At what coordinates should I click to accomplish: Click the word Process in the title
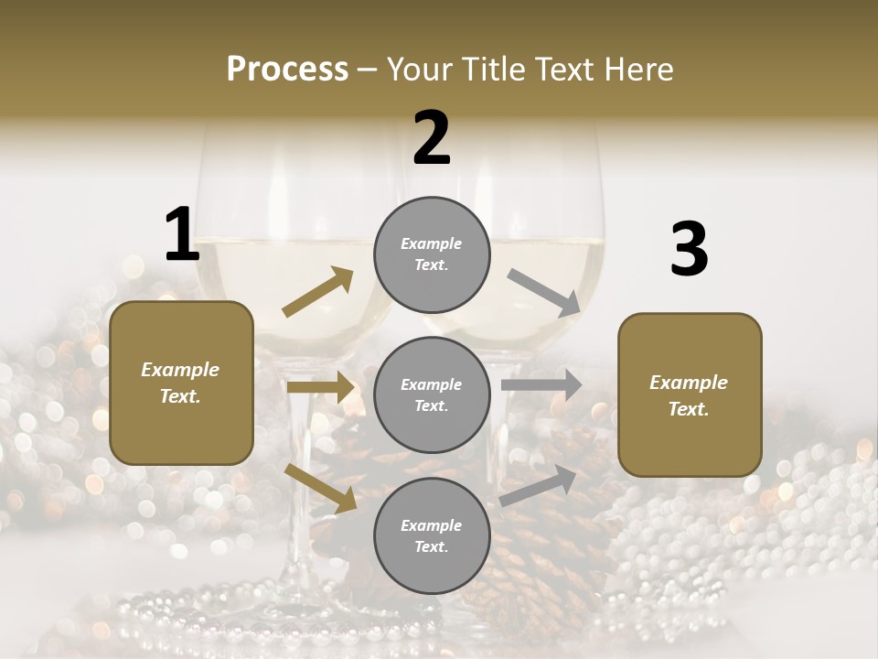(287, 69)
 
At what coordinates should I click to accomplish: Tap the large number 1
(182, 234)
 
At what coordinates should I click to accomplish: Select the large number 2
(432, 138)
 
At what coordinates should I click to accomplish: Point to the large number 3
(689, 250)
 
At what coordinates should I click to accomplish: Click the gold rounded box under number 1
(181, 383)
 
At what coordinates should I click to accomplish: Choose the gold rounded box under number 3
(690, 394)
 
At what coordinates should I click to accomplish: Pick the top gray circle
(432, 254)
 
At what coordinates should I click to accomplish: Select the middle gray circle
(432, 394)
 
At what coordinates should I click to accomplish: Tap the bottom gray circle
(432, 535)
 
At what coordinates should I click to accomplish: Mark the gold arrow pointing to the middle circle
(320, 387)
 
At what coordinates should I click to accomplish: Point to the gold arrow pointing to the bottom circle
(320, 487)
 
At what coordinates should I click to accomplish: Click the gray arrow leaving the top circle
(543, 292)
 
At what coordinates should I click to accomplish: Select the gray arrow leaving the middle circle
(541, 385)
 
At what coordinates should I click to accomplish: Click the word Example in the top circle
(431, 243)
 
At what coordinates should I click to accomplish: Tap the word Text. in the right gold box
(689, 409)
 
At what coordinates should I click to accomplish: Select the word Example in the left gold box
(180, 370)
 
